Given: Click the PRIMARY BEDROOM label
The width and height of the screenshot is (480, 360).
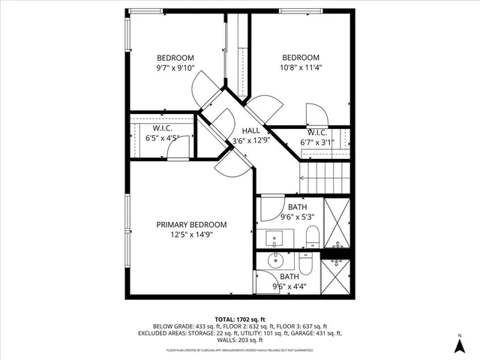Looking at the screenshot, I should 191,224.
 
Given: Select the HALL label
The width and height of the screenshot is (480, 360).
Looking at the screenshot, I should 250,130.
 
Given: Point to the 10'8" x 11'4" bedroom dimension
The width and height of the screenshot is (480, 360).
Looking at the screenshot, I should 301,69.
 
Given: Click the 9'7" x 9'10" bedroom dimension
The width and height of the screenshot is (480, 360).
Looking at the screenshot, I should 175,69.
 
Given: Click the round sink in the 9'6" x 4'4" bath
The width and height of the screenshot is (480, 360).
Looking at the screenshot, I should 274,262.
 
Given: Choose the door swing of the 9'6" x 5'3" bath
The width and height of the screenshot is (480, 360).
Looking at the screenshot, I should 268,211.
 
